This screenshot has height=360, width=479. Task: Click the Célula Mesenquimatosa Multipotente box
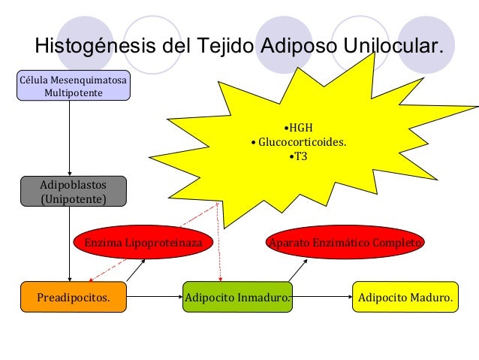coord(74,86)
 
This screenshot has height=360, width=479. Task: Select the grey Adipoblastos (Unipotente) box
coord(74,191)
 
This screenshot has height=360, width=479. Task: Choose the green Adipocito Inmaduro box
coord(237,297)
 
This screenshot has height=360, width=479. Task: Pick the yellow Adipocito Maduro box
coord(405,297)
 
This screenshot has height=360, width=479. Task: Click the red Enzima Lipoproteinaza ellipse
coord(143,243)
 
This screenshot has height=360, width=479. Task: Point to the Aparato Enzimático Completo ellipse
coord(346,243)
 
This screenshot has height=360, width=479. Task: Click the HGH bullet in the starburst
coord(301,126)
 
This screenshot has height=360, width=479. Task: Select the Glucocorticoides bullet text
coord(299,141)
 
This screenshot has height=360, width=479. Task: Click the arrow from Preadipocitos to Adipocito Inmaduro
coord(154,297)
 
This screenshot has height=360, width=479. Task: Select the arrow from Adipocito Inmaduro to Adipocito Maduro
coord(322,297)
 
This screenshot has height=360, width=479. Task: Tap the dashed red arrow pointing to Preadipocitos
coord(150,241)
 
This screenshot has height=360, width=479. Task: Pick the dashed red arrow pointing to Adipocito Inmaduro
coord(220,241)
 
